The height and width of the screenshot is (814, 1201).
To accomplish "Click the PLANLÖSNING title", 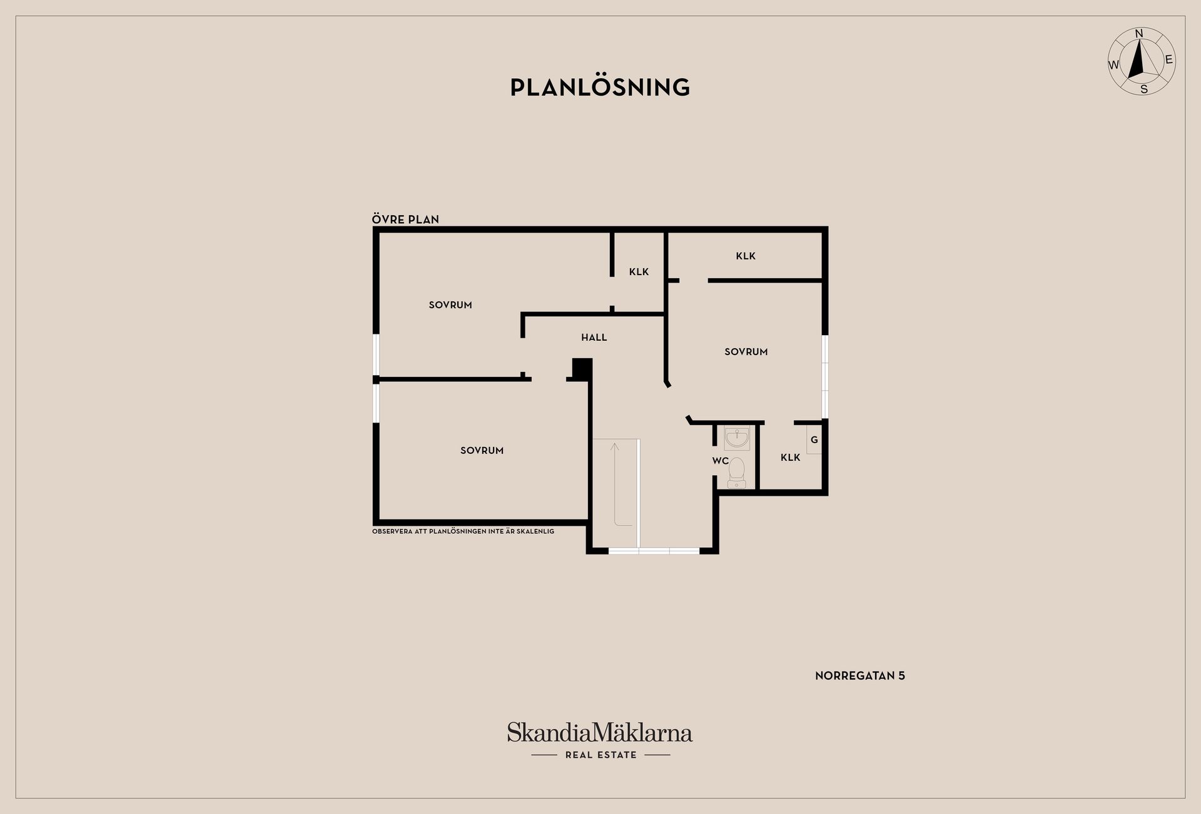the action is coord(600,87).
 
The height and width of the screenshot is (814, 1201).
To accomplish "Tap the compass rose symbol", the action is coord(1142,62).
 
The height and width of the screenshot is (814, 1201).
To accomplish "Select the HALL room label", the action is coord(594,338).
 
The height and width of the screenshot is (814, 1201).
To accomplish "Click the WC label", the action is coord(721,461).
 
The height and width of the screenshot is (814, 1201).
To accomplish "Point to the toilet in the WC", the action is coord(736,473).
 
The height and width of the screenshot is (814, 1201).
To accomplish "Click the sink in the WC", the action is coord(737,438).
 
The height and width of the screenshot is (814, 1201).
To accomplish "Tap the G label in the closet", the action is coord(814,440).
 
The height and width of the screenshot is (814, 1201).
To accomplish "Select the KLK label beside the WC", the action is coord(790,458).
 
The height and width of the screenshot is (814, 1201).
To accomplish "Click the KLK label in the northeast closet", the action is coord(746,256).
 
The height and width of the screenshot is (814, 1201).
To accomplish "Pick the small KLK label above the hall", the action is coord(639,272).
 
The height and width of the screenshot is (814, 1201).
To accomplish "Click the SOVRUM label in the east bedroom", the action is coord(746,352).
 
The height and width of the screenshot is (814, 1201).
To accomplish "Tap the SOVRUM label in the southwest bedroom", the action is coord(482,450).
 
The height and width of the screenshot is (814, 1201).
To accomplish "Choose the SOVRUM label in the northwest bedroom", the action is coord(450,305).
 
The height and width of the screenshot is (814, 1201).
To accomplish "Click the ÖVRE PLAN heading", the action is coord(405,219).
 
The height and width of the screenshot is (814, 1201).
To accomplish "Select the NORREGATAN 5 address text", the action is coord(860,676).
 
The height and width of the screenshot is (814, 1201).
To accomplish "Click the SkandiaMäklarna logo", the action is coord(600,733).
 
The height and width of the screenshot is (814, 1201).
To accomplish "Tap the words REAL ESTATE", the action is coord(600,755).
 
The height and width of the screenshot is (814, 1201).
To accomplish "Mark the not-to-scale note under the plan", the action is coord(463,531).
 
